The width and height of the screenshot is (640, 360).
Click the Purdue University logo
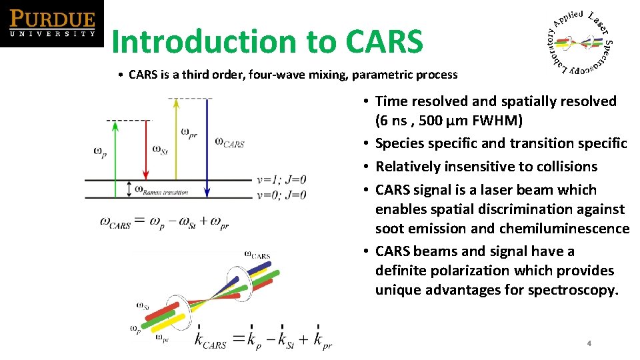click(52, 23)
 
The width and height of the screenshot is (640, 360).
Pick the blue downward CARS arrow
click(207, 147)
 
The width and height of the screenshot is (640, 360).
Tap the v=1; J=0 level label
click(281, 179)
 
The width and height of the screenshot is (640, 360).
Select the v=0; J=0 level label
click(281, 195)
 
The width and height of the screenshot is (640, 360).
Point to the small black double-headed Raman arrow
click(129, 189)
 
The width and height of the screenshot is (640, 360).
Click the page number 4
click(589, 343)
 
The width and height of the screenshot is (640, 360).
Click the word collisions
click(564, 167)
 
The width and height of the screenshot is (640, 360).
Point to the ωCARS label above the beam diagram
click(257, 255)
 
